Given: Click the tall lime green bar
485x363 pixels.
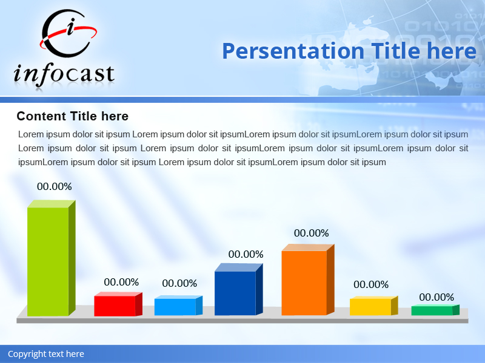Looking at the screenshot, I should (x=48, y=261).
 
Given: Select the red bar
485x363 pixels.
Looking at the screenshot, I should (x=115, y=306).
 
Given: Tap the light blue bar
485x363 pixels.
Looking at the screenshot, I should (x=175, y=307).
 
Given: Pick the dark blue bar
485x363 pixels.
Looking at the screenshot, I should (x=235, y=293).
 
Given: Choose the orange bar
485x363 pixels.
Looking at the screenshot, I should (x=304, y=283).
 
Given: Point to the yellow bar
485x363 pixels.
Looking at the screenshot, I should (x=370, y=307).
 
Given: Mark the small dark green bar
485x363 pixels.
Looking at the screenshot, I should (x=432, y=310).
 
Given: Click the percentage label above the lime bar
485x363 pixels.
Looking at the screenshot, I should (x=55, y=187).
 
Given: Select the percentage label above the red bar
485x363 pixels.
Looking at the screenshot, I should (x=121, y=283).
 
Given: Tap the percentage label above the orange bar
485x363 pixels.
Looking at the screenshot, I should (x=312, y=234).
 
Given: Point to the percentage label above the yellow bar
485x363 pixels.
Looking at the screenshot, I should (x=371, y=284).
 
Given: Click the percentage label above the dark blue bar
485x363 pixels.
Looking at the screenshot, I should (x=246, y=255).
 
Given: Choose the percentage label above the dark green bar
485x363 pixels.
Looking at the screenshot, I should (x=436, y=298).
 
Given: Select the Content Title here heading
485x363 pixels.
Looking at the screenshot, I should (x=73, y=116).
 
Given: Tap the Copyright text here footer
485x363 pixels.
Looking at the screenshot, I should (x=46, y=354).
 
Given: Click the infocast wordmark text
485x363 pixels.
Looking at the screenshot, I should (x=64, y=74).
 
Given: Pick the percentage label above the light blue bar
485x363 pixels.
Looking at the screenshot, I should (x=179, y=284).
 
